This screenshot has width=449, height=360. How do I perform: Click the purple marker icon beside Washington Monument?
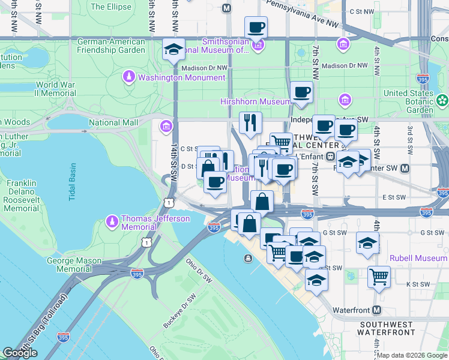[x=128, y=77]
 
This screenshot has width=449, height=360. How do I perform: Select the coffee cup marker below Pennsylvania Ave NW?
[x=256, y=28]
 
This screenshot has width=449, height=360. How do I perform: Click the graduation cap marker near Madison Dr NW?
[x=173, y=50]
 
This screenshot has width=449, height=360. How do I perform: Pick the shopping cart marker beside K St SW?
[x=379, y=277]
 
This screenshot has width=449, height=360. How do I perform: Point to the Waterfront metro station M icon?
[x=376, y=310]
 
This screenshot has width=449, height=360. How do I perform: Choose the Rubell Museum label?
[x=418, y=258]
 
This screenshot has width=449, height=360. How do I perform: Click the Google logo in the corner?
[x=20, y=353]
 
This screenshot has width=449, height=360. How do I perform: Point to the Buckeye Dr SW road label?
[x=179, y=313]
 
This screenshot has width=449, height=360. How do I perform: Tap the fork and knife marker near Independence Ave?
[x=250, y=122]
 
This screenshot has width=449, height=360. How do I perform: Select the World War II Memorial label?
[x=55, y=89]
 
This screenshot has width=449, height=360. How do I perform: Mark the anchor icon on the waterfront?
[x=247, y=258]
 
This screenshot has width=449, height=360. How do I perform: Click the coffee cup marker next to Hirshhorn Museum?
[x=301, y=92]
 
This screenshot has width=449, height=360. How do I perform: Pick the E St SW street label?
[x=394, y=196]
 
